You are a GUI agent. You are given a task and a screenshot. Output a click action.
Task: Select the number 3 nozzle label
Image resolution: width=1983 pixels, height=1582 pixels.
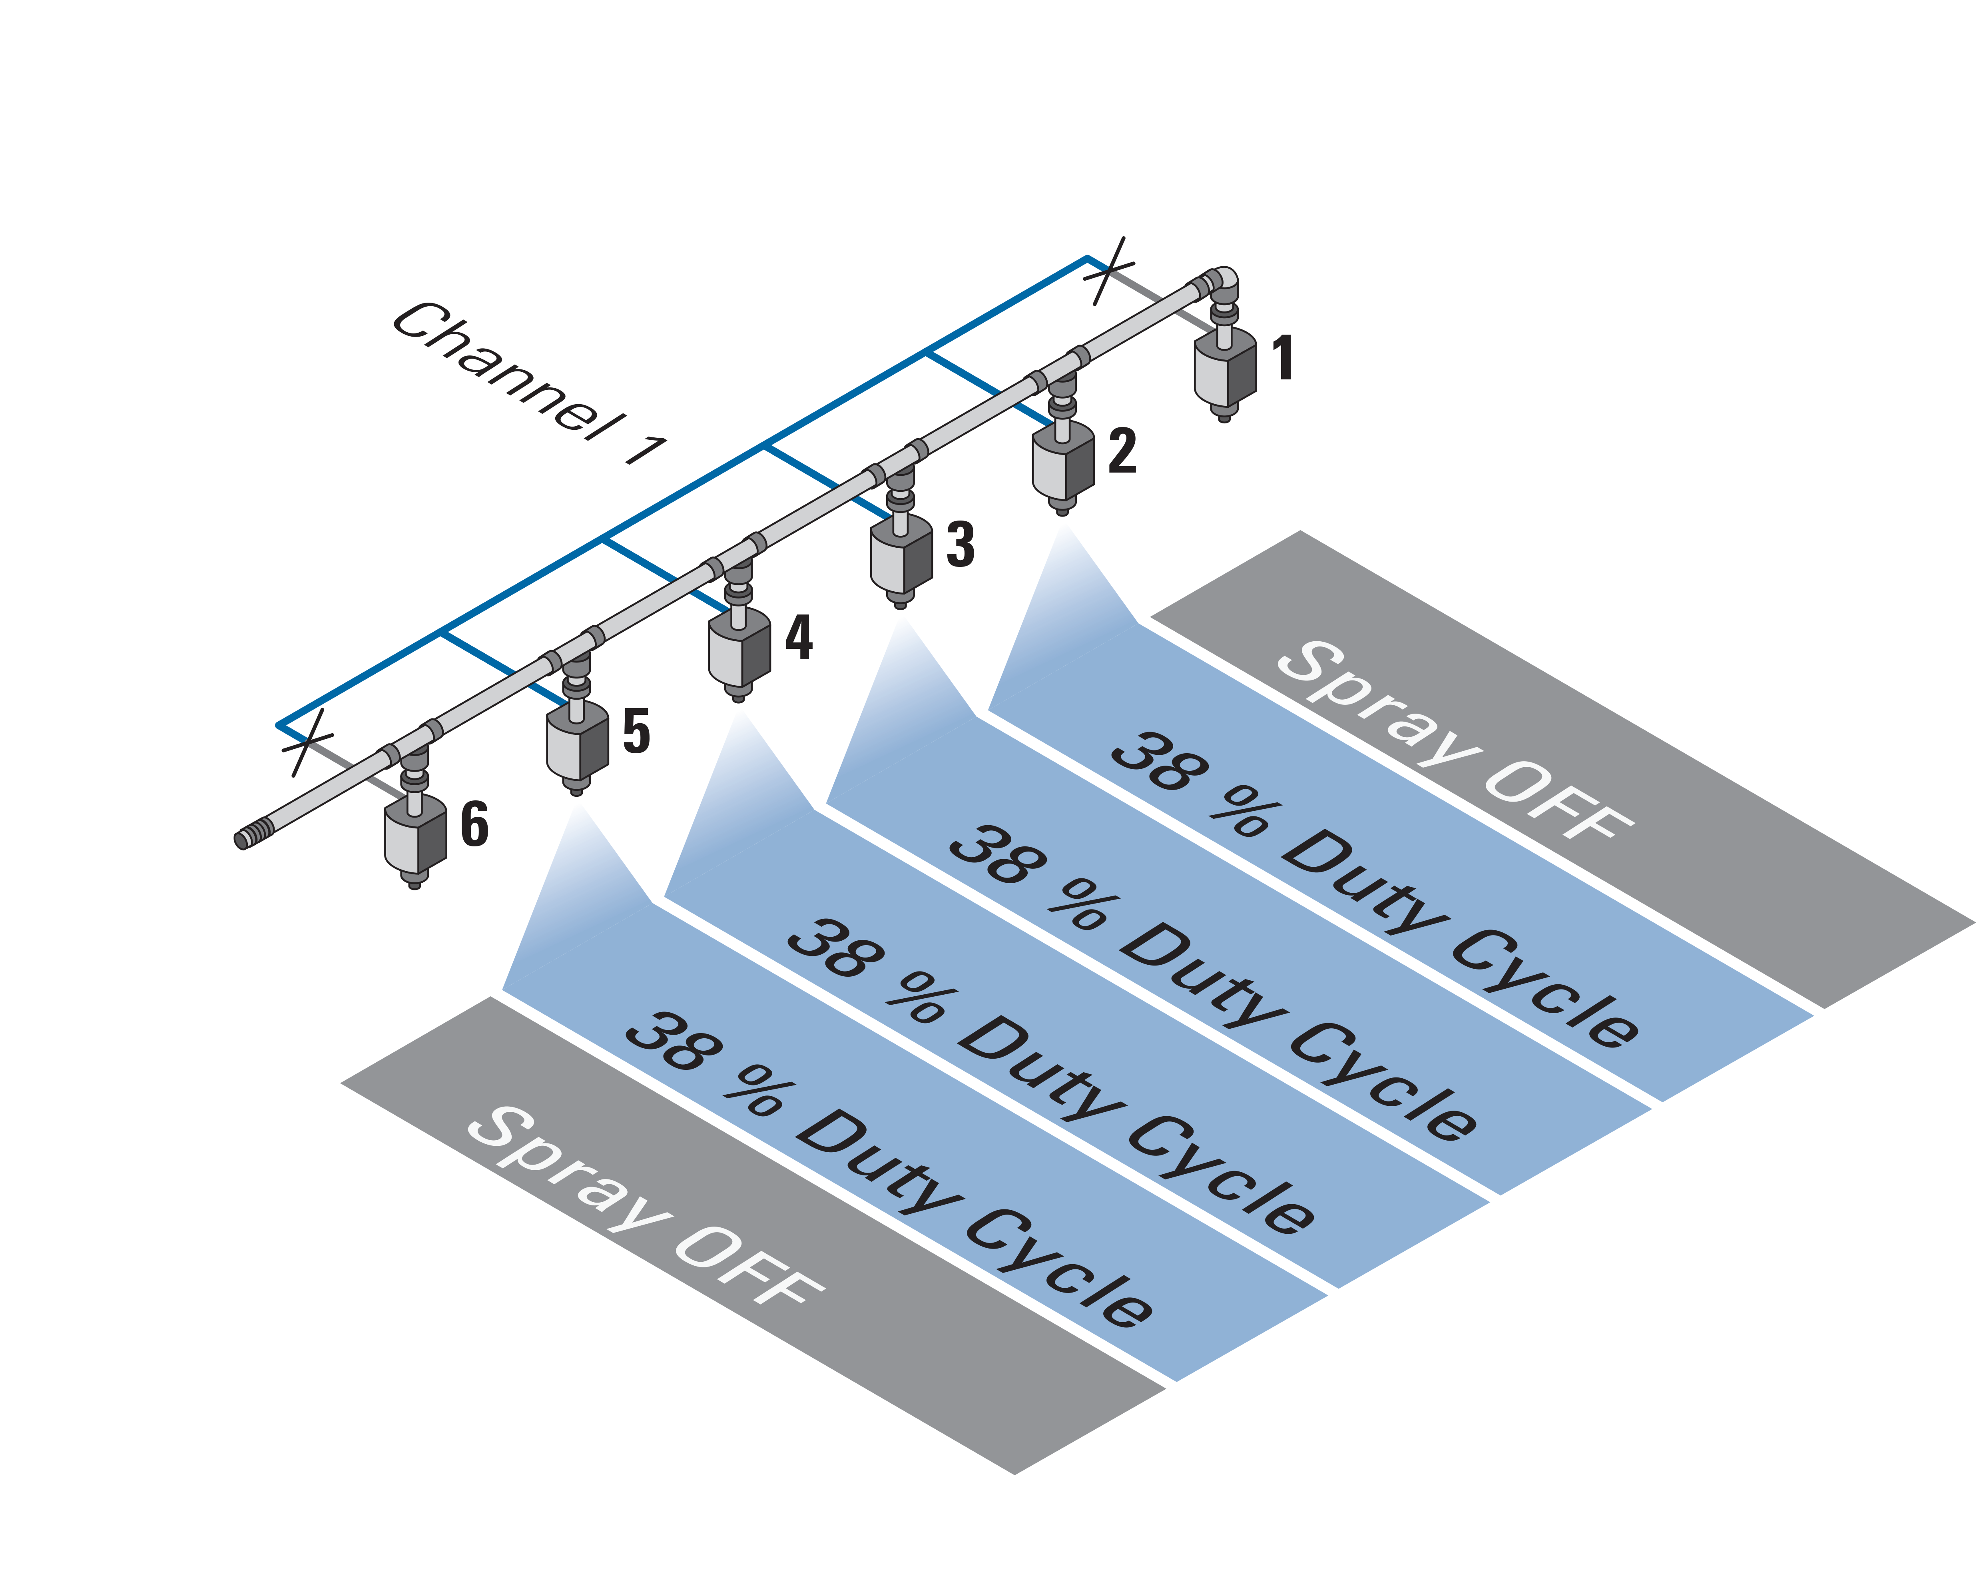click(960, 545)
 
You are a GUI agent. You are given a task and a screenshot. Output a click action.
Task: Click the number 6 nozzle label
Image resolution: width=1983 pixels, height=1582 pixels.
click(474, 824)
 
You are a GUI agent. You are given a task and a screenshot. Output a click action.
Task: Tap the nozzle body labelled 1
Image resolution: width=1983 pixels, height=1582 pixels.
click(1225, 368)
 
